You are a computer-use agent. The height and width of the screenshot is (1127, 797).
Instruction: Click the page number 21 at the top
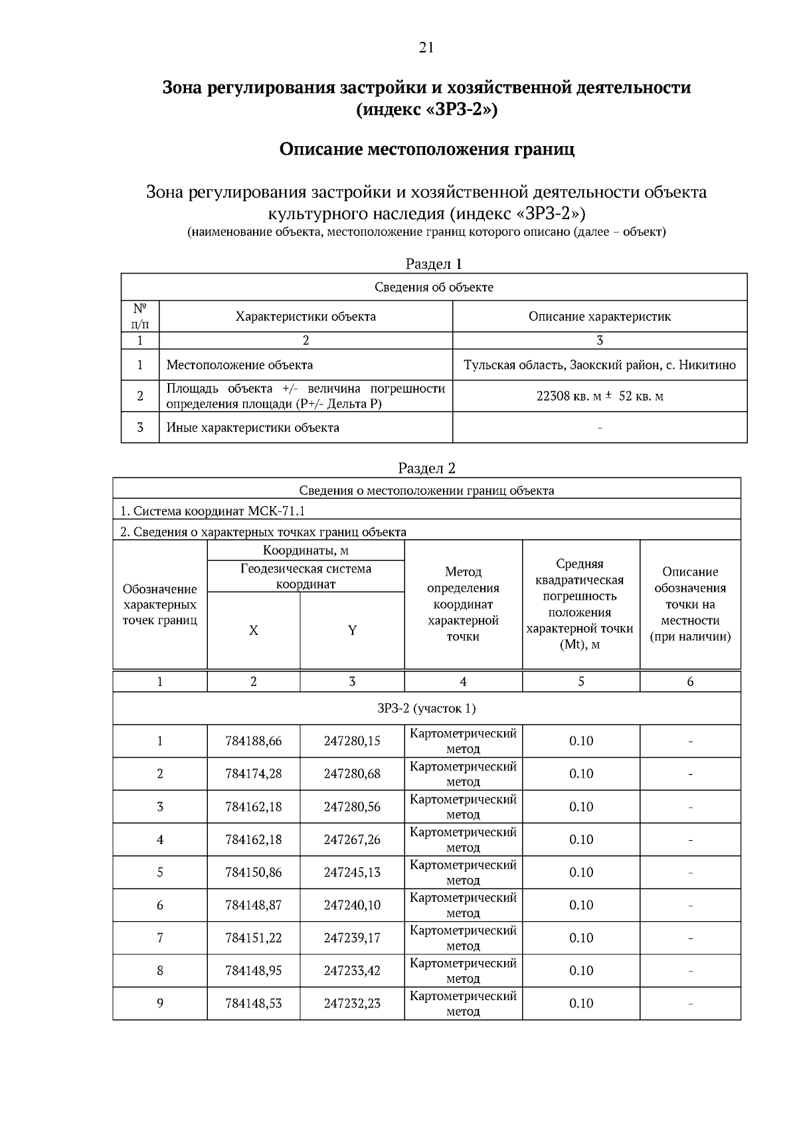(426, 47)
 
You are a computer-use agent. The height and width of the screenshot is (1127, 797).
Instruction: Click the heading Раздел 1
(433, 264)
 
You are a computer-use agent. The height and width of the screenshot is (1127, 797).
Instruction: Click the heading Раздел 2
(426, 468)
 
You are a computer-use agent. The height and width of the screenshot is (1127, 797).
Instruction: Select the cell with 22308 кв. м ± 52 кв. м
(600, 396)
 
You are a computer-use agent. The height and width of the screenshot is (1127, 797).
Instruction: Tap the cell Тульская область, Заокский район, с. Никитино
(600, 365)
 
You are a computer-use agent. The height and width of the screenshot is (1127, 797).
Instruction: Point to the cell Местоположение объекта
(239, 365)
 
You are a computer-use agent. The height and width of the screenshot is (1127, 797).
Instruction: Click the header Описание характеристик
(600, 317)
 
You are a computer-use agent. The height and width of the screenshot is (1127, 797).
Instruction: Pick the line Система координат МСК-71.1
(213, 511)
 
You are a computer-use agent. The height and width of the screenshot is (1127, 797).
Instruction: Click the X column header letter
(253, 631)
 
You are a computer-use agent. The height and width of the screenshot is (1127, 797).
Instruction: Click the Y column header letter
(352, 631)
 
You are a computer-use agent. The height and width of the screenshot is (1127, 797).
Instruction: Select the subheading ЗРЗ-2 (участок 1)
(426, 709)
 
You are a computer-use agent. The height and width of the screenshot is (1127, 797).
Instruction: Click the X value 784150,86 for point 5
(254, 873)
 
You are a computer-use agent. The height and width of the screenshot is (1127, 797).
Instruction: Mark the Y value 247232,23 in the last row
(352, 1003)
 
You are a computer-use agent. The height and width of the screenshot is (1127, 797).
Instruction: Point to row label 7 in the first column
(160, 938)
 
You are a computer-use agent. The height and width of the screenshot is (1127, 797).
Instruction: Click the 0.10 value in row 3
(581, 807)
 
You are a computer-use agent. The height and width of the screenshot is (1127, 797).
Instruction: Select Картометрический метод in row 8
(463, 970)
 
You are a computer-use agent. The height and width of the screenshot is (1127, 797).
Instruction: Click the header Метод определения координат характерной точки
(463, 604)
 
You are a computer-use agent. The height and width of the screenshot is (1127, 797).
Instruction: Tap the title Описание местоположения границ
(426, 149)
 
